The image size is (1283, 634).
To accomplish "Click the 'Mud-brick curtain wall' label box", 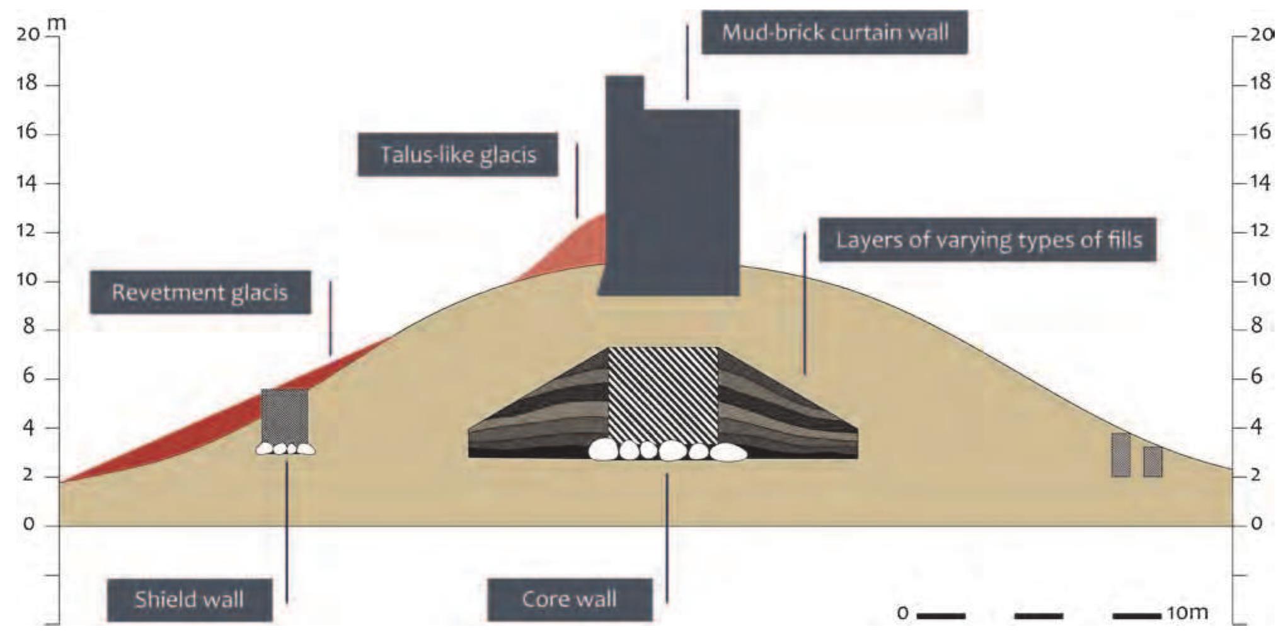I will [834, 32].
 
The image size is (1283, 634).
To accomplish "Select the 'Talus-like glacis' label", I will [457, 154].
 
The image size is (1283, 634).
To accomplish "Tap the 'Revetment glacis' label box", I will [200, 292].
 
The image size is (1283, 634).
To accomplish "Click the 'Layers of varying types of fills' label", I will [987, 240].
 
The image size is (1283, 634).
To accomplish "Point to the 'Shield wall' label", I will [189, 599].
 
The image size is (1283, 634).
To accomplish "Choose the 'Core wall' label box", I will [569, 599].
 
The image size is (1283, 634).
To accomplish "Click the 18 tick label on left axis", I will [28, 84].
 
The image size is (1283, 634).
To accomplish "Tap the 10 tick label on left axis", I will [28, 280].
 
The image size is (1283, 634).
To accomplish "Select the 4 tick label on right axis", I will [1257, 427].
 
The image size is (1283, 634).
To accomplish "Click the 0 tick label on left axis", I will [29, 524].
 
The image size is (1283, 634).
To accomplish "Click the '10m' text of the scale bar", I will [1187, 613].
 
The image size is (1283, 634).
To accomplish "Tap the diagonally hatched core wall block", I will [663, 394].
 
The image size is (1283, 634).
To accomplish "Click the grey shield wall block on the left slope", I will [285, 416].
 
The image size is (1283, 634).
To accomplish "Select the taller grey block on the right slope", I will [1120, 454].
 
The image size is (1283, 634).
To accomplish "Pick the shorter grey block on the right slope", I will [1153, 461].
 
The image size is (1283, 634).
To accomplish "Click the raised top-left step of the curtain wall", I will [624, 92].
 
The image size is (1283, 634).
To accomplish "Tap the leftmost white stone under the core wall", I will [603, 450].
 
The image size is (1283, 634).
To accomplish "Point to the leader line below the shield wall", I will [287, 529].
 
